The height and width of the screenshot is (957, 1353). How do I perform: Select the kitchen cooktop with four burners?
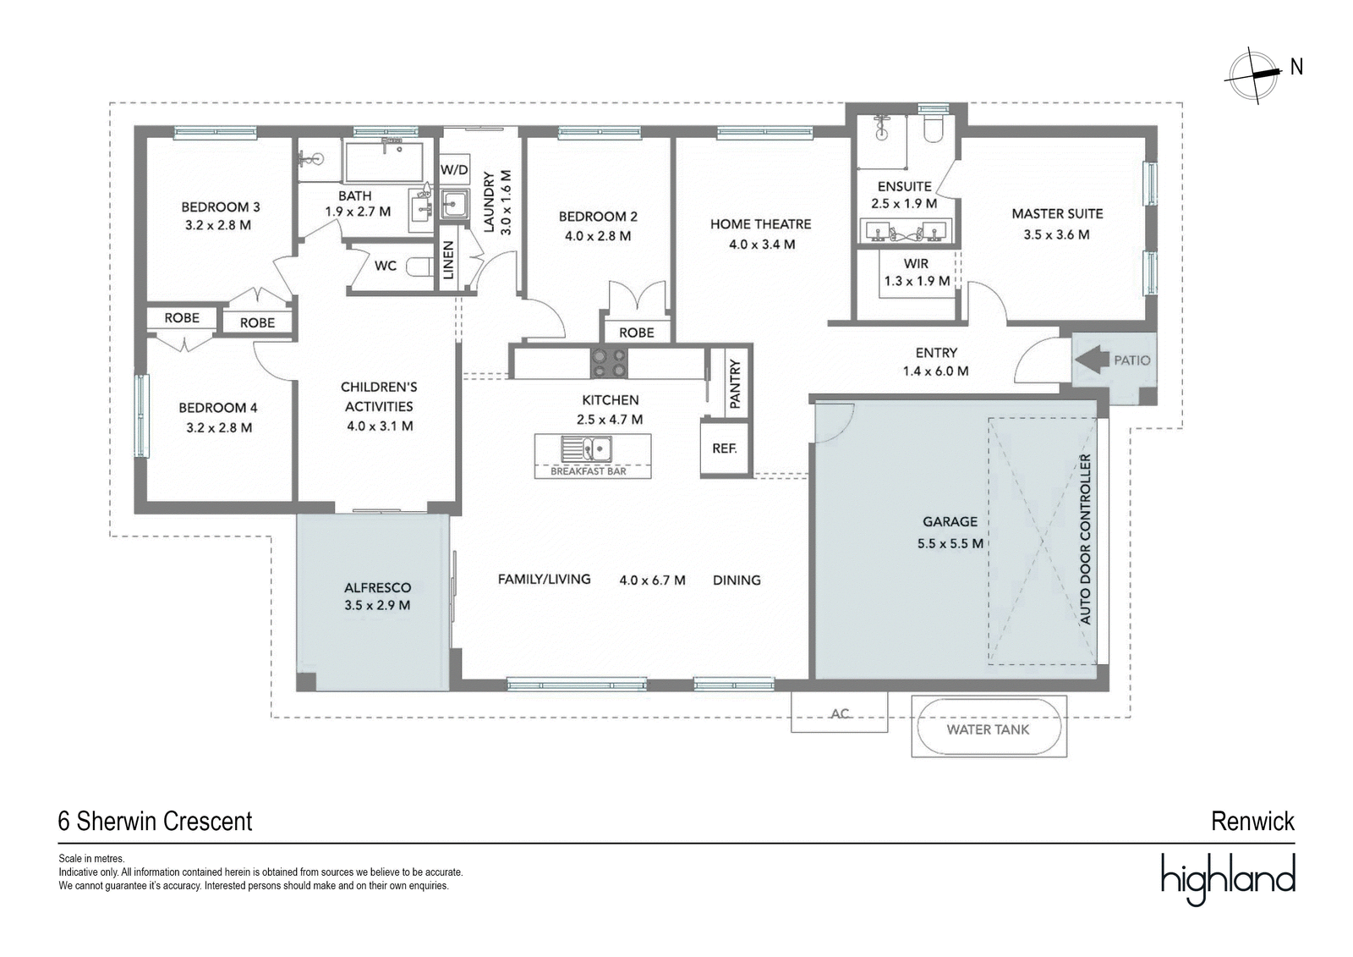609,363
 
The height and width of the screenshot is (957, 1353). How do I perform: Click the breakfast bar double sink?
586,448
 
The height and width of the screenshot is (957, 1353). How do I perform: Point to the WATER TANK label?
988,729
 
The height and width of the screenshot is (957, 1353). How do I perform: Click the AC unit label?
840,713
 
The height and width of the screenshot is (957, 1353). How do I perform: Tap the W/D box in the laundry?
454,170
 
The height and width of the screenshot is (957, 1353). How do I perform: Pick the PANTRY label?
735,384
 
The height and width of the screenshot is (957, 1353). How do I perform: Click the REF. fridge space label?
724,448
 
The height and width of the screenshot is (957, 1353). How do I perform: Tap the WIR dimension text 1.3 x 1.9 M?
917,281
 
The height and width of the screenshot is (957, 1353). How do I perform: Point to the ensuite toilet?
933,128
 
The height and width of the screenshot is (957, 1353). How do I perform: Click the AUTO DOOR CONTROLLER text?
1086,539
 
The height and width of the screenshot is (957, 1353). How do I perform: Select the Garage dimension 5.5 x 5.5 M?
950,543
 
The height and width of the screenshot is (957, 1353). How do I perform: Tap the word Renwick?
1252,822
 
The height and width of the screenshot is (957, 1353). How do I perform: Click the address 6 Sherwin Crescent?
156,822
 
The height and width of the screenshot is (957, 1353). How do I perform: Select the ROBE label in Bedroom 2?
637,333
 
